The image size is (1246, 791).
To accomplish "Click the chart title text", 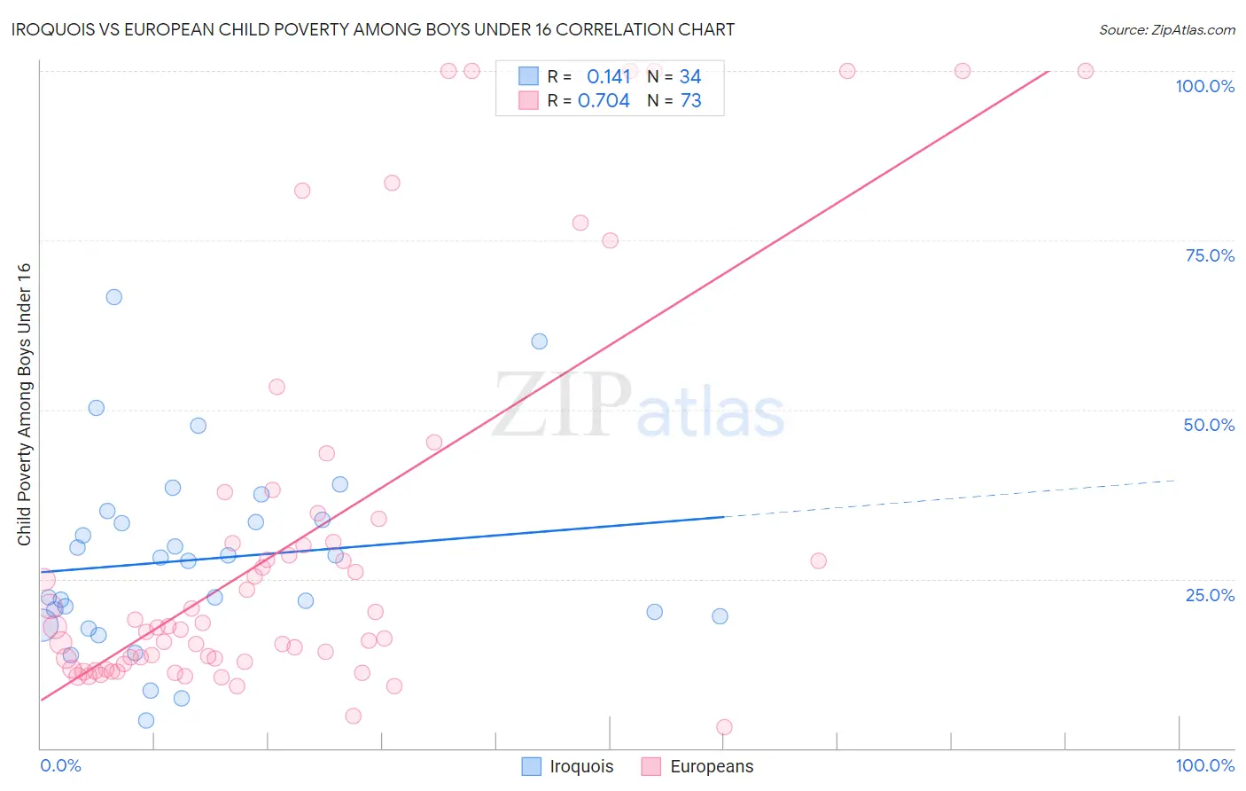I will (373, 29).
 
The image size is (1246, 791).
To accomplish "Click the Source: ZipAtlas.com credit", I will (1166, 29).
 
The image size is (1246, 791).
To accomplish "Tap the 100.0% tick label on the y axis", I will (1204, 86).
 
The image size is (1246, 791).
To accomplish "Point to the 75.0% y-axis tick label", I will (1210, 255).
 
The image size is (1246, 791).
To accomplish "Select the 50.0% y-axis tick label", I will (1209, 425).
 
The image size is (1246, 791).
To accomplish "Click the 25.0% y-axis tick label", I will (1210, 595).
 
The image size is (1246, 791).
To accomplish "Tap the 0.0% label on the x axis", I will (60, 765).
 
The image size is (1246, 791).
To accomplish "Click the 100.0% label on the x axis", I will (1204, 765).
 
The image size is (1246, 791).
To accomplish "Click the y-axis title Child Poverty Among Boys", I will (24, 404).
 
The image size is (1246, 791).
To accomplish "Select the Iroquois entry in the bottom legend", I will (580, 766).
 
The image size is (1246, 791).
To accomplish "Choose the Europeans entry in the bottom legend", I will (711, 766).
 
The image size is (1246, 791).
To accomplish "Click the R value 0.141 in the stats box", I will (608, 77).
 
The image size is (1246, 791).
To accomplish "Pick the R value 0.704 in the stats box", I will (604, 101).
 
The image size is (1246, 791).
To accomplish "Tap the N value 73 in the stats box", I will (690, 101).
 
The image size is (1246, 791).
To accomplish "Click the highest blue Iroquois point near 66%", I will (114, 297).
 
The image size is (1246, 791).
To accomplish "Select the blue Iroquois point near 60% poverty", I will (539, 341).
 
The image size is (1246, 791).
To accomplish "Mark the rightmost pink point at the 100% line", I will (1085, 71).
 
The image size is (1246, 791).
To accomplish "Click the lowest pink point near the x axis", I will (724, 727).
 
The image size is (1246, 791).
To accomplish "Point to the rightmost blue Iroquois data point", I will (720, 616).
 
